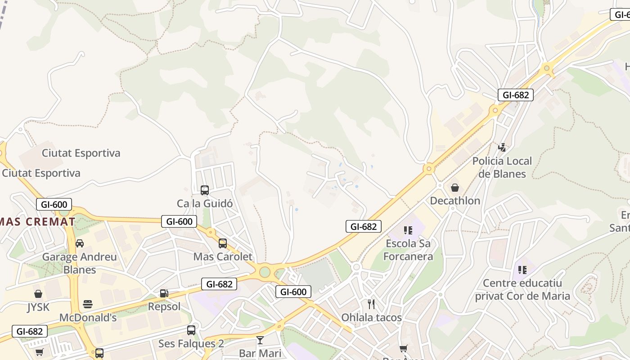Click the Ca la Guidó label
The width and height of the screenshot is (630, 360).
point(205,203)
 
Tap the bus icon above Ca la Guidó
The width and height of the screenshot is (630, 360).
point(205,190)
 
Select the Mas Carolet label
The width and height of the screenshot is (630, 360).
point(223,256)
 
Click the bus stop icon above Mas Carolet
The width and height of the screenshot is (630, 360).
point(223,243)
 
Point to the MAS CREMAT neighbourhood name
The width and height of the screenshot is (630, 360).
point(38,221)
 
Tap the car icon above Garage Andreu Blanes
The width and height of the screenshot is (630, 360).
point(80,243)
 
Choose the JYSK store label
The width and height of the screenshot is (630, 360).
point(38,307)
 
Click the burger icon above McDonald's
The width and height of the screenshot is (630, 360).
point(88,304)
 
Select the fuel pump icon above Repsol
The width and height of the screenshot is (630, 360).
point(164,293)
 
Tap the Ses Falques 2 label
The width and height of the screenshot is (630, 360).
point(191,344)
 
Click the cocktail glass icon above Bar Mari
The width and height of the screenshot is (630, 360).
point(260,340)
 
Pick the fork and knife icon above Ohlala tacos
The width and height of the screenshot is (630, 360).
point(371,304)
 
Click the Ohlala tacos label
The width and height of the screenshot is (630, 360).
point(371,317)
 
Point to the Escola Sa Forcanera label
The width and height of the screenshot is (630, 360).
point(408,250)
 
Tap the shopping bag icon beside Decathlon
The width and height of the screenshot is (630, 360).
point(455,188)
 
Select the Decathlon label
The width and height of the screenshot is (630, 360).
point(455,201)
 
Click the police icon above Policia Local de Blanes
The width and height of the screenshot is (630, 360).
point(502,147)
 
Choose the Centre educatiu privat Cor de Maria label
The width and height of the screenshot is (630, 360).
point(522,289)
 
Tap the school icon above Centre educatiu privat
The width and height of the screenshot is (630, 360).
point(522,270)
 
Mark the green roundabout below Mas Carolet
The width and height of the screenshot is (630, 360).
point(265,272)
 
